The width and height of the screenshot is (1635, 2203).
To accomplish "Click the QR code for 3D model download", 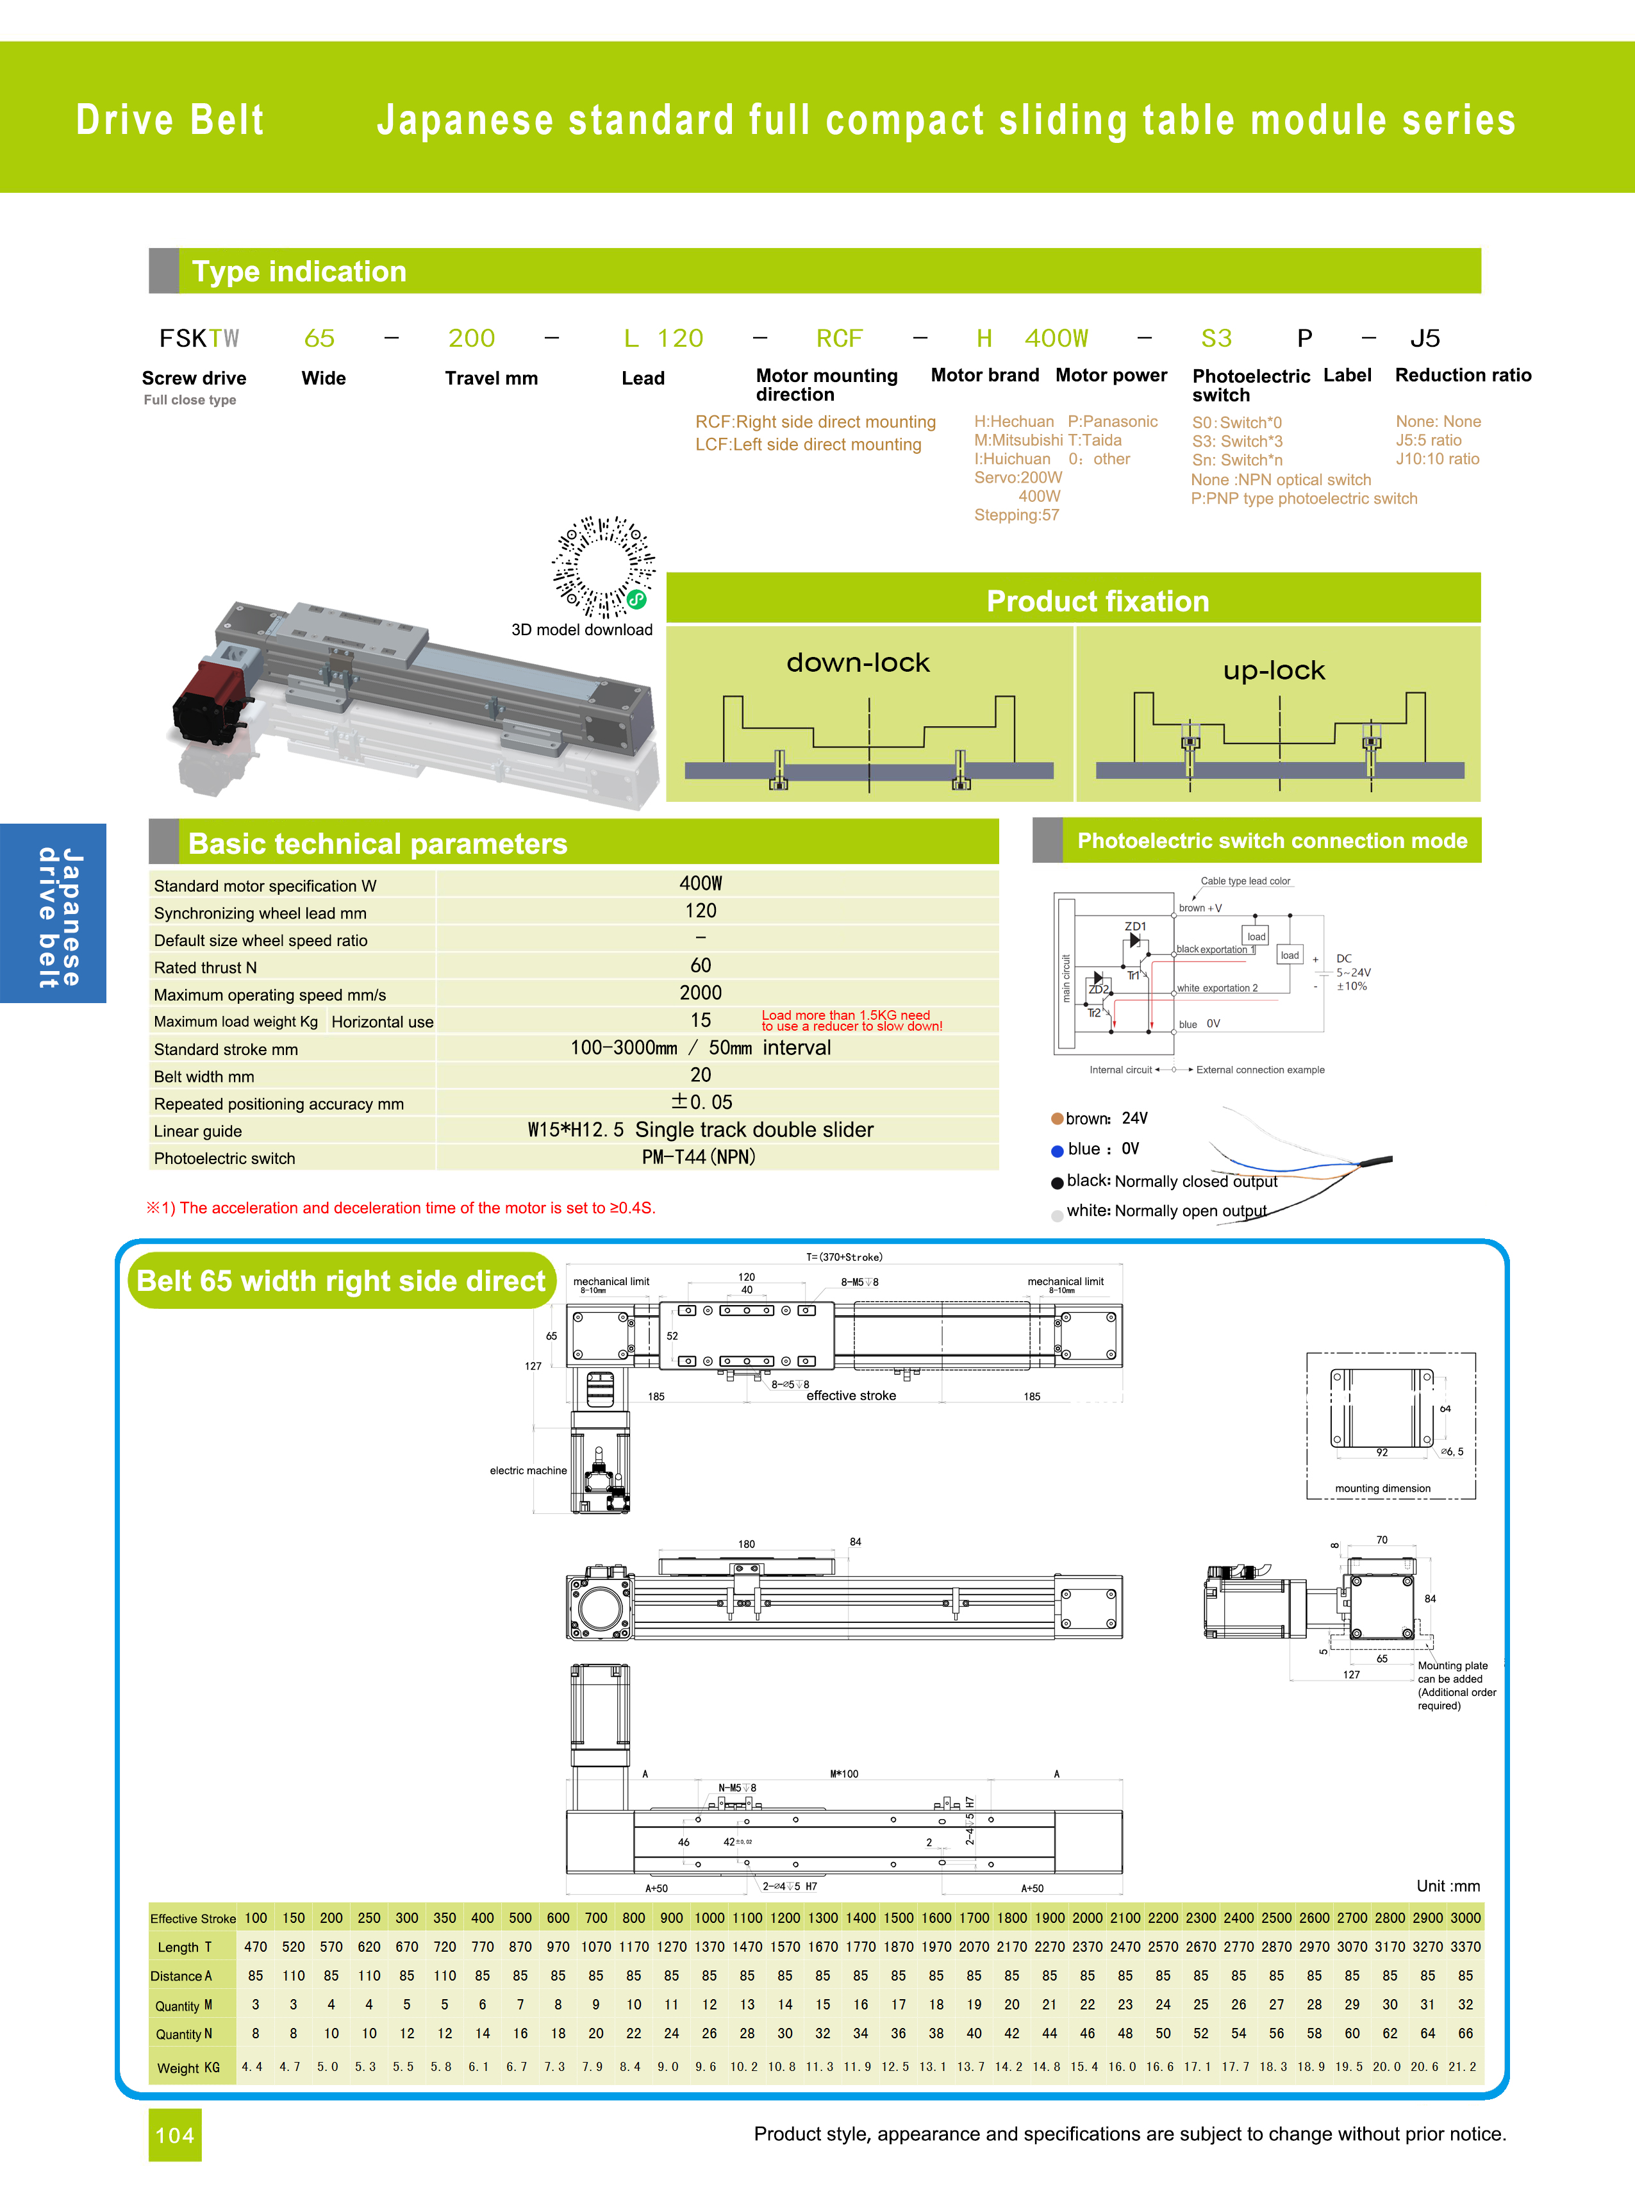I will (602, 566).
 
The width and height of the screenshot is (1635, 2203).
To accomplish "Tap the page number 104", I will (175, 2134).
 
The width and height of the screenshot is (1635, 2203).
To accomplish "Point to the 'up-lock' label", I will (1273, 670).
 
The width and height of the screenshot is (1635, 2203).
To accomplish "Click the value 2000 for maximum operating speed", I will (700, 993).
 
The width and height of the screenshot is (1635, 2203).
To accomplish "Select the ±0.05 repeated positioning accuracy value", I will (701, 1101).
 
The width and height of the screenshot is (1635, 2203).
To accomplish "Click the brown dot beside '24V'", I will (1057, 1118).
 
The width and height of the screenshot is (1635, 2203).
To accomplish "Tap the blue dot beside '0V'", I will (1057, 1150).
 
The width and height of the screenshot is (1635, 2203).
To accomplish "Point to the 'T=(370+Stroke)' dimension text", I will (844, 1257).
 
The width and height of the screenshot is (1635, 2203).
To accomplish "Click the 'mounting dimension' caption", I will (1382, 1488).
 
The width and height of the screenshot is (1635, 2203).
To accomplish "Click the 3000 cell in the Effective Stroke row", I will (1465, 1917).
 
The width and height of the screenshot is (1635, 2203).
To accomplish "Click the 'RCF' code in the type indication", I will (839, 338).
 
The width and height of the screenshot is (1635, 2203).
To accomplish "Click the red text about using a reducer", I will (851, 1020).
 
